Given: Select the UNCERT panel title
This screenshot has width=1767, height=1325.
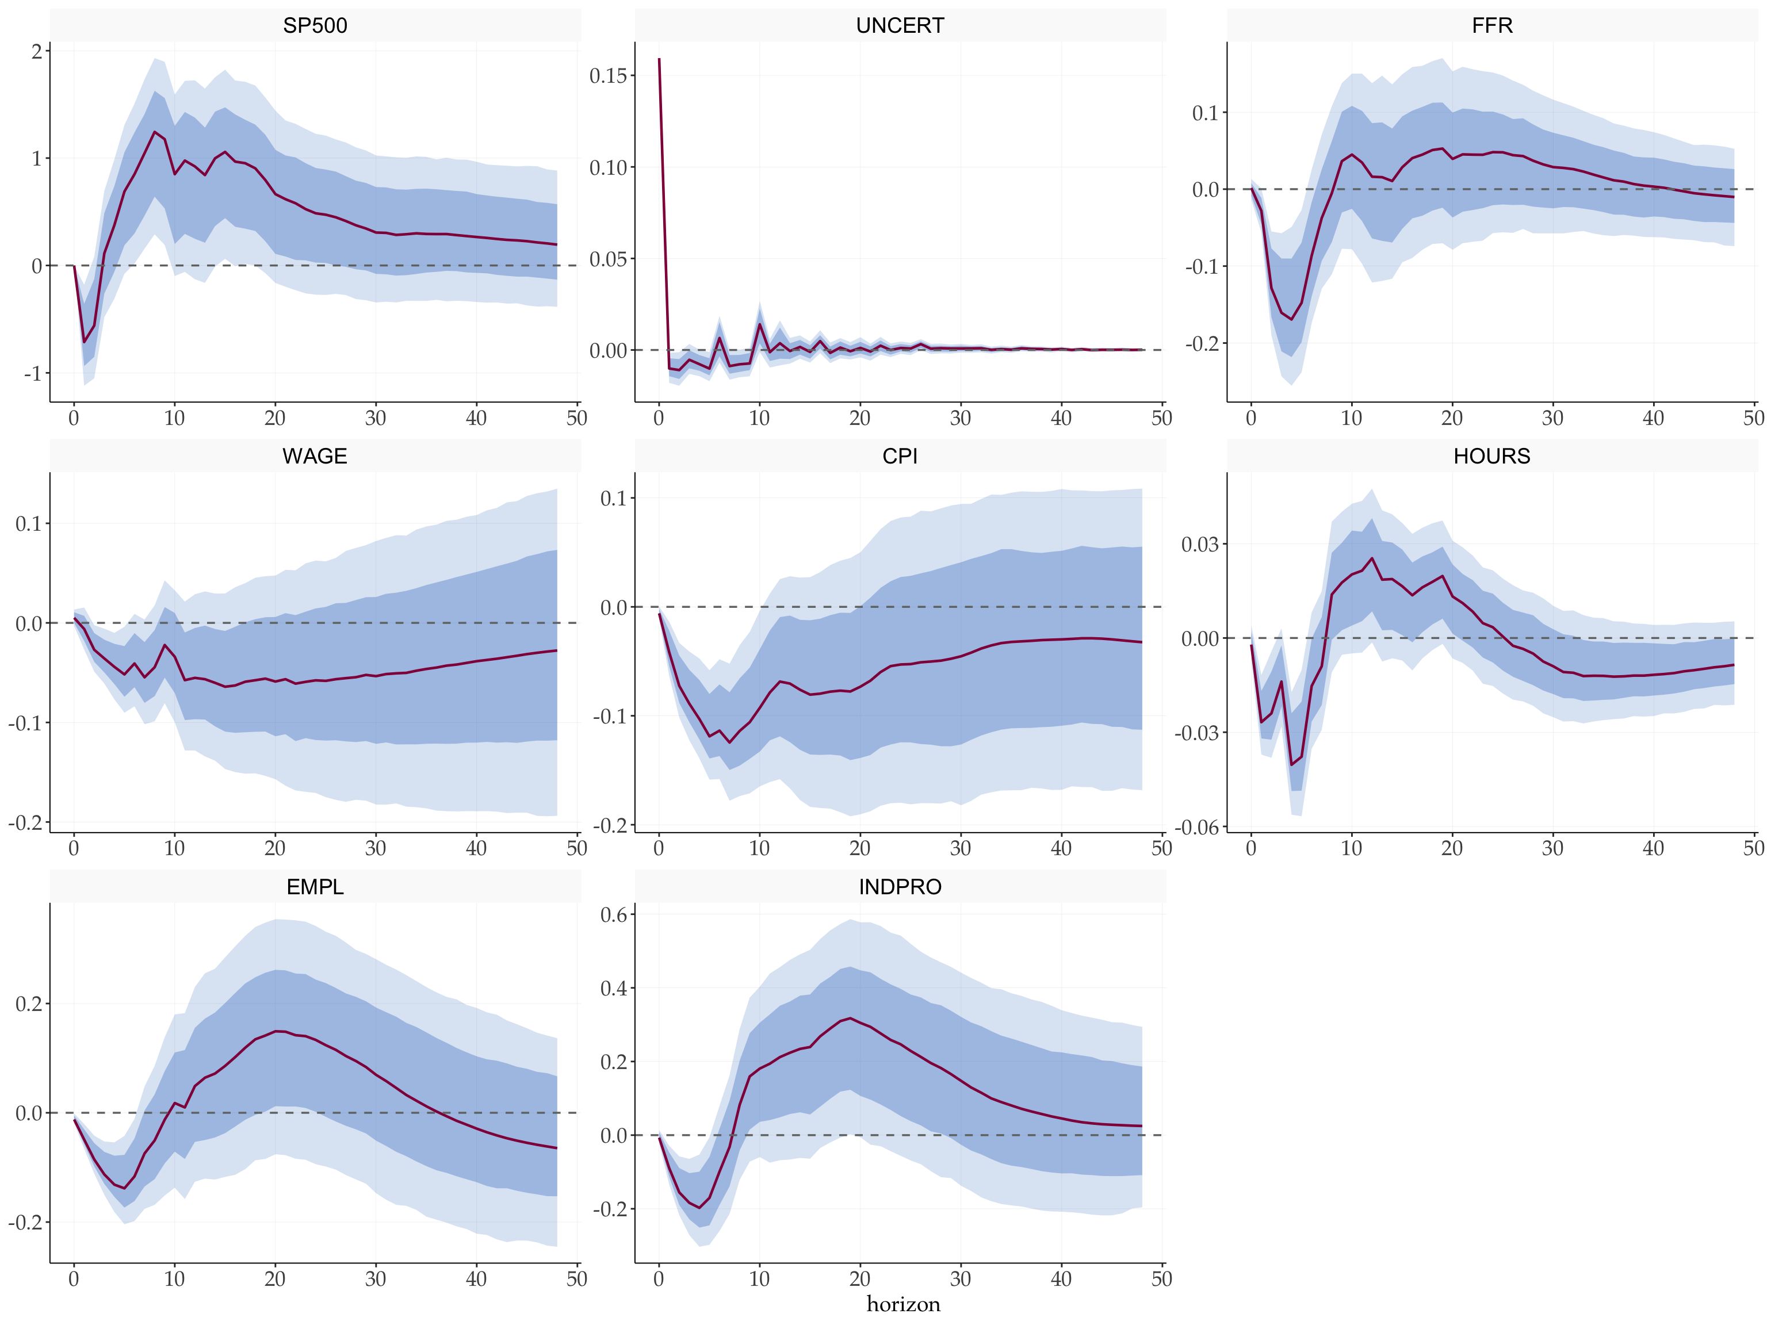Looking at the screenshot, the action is [900, 25].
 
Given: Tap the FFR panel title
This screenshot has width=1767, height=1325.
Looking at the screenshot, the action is [1491, 25].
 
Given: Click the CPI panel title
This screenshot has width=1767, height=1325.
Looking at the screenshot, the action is [900, 456].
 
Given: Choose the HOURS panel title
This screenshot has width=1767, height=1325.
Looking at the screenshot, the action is [1491, 456].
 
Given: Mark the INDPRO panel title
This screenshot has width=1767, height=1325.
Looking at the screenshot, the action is [900, 887].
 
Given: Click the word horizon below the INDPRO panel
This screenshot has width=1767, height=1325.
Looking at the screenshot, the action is [904, 1304].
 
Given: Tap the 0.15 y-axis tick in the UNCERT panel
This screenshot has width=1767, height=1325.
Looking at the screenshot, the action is [608, 76].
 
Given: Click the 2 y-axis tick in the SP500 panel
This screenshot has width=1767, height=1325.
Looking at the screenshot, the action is [37, 52].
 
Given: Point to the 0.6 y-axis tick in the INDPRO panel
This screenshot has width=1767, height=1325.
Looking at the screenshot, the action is [614, 914].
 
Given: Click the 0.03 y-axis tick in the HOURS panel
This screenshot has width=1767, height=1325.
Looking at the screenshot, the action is [1200, 545].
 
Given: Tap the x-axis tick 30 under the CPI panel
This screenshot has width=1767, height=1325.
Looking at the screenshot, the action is [960, 848].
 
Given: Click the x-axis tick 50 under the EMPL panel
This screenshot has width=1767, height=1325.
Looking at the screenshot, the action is [577, 1278].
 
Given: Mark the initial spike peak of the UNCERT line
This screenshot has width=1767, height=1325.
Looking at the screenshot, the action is [659, 59].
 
